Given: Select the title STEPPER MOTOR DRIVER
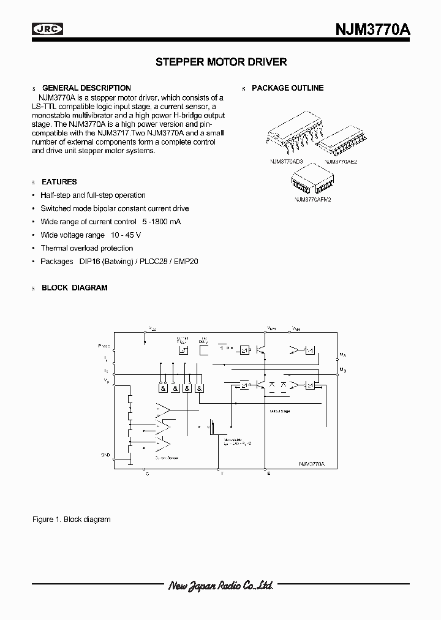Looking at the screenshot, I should pyautogui.click(x=221, y=62).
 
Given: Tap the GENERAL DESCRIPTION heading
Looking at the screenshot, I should pyautogui.click(x=86, y=88).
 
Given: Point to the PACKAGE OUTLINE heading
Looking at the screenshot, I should pyautogui.click(x=287, y=88).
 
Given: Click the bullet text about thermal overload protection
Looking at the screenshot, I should pyautogui.click(x=86, y=248).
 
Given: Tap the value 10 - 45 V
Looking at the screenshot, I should pyautogui.click(x=126, y=235).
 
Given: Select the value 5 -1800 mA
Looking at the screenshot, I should pyautogui.click(x=161, y=222).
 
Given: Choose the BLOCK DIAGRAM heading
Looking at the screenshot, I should pyautogui.click(x=74, y=287).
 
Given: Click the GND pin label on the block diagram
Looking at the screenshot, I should pyautogui.click(x=105, y=455).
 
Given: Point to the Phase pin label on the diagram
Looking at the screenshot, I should pyautogui.click(x=104, y=346).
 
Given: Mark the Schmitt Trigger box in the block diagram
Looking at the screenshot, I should pyautogui.click(x=183, y=350).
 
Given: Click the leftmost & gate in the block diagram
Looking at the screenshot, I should pyautogui.click(x=164, y=388).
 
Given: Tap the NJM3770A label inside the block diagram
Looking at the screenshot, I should pyautogui.click(x=311, y=464).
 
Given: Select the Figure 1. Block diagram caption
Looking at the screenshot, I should pyautogui.click(x=71, y=520).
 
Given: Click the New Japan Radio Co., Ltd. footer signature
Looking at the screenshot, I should pyautogui.click(x=221, y=586).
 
